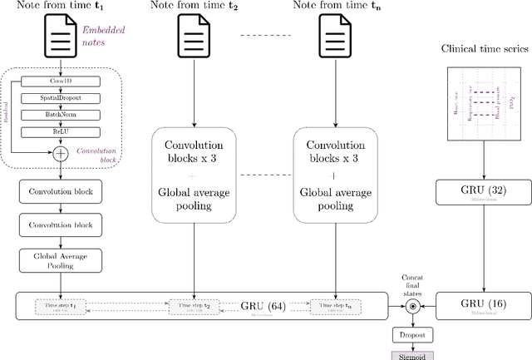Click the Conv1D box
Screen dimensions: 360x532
[x=58, y=81]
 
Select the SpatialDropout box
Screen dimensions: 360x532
[x=58, y=99]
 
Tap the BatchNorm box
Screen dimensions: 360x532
[x=58, y=116]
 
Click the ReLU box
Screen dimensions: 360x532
[x=58, y=132]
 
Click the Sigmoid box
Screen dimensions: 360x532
[x=409, y=355]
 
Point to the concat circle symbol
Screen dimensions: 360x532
[x=409, y=306]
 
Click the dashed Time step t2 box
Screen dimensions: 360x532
[x=194, y=307]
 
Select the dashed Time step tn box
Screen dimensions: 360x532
[x=335, y=307]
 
